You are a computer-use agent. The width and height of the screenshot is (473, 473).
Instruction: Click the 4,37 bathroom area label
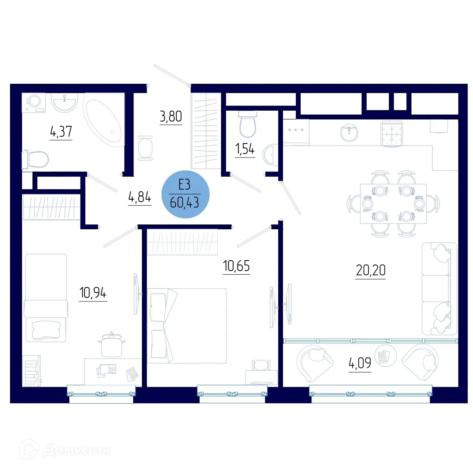coord(61,131)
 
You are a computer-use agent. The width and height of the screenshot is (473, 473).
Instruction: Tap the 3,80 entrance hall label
coord(171,117)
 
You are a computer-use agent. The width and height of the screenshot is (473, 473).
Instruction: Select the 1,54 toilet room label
coord(245,149)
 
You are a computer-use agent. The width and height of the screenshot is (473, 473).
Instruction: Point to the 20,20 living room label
coord(370,271)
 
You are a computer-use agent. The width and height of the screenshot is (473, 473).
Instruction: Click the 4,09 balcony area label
coord(360,364)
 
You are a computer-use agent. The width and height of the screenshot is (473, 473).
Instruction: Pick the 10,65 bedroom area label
coord(236,266)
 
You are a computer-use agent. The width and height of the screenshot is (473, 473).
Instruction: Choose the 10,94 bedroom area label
coord(93,293)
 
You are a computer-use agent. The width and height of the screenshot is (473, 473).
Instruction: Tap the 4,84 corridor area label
coord(139,197)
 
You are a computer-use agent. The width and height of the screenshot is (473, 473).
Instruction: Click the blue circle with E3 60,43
coord(185,194)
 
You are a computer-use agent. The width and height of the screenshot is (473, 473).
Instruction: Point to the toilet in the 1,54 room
coord(247,124)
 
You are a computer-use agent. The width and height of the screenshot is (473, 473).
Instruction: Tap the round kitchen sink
coord(349,132)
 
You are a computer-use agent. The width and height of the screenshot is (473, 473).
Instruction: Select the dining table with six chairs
coord(393,204)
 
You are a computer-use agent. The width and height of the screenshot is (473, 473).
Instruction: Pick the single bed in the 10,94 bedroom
coord(46,297)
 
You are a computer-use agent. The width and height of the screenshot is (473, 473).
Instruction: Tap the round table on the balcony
coord(385,355)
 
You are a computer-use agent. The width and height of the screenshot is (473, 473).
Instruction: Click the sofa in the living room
coord(439,289)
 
